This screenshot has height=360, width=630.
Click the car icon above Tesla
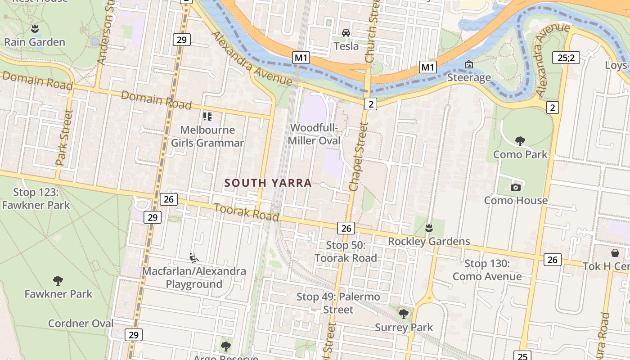coord(346,32)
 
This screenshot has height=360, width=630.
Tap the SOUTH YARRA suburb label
coord(268,183)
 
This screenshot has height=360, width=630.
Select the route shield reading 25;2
coord(566,58)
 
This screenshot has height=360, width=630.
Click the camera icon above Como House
coord(516,187)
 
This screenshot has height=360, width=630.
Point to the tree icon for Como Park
coord(520,141)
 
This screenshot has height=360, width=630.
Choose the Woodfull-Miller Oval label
coord(314,134)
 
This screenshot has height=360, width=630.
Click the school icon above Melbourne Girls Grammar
coord(207,117)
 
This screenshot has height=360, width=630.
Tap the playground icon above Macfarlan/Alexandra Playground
coord(194,258)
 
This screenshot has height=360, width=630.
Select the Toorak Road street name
coord(246,212)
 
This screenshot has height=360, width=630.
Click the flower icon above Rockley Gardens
coord(429,228)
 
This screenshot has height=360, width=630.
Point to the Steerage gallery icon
coord(468,65)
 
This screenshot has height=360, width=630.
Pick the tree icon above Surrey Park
coord(404,314)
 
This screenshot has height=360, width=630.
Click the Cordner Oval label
coord(81,323)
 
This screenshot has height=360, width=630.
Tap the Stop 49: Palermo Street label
coord(338,303)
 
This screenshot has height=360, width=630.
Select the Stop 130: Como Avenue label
coord(487,270)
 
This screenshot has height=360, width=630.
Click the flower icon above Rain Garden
coord(35,29)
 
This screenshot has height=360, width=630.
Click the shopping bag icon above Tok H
coord(615,253)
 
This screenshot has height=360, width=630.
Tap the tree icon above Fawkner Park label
coord(58,281)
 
